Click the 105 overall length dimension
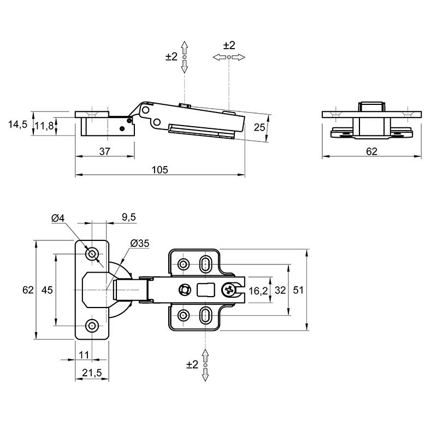click(x=160, y=169)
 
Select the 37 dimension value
click(x=105, y=151)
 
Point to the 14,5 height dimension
click(x=17, y=125)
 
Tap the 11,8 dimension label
click(x=44, y=126)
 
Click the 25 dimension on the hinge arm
click(x=259, y=127)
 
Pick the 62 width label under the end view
click(x=371, y=151)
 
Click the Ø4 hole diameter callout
click(x=58, y=218)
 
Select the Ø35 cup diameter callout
click(x=140, y=243)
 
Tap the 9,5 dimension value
click(x=129, y=217)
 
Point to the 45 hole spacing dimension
click(x=47, y=290)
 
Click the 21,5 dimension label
click(x=92, y=373)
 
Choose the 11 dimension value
click(x=84, y=355)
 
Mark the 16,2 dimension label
click(x=258, y=291)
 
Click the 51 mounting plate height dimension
click(x=298, y=290)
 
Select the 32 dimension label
click(x=280, y=290)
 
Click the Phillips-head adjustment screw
click(x=229, y=290)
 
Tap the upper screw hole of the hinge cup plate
click(x=92, y=254)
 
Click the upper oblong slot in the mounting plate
click(x=206, y=264)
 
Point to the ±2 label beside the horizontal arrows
click(x=229, y=45)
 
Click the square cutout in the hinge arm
click(x=206, y=290)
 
